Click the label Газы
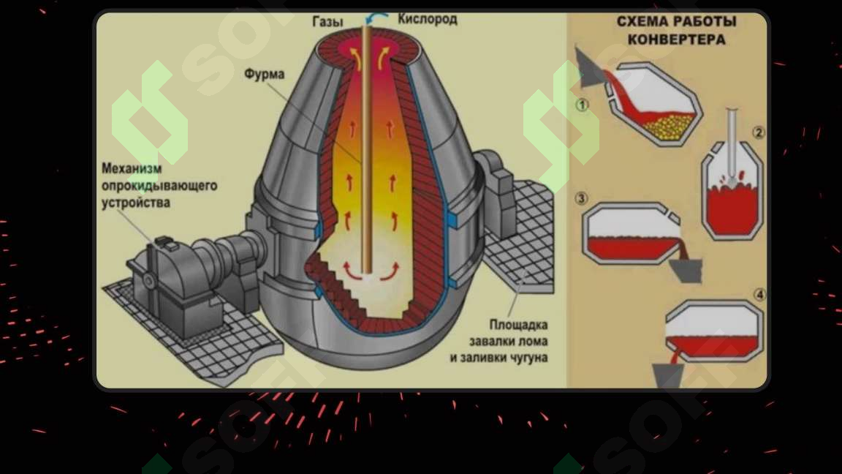tap(327, 21)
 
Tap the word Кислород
tap(428, 19)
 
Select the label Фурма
tap(264, 74)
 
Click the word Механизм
tap(132, 168)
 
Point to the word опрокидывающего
tap(159, 186)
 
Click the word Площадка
tap(518, 325)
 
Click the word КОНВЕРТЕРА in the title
tap(677, 39)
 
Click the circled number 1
tap(582, 105)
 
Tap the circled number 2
tap(758, 132)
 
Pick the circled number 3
tap(581, 199)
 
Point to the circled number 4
tap(759, 295)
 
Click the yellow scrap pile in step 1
tap(669, 125)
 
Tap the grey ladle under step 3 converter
tap(686, 270)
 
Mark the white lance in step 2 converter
tap(732, 146)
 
